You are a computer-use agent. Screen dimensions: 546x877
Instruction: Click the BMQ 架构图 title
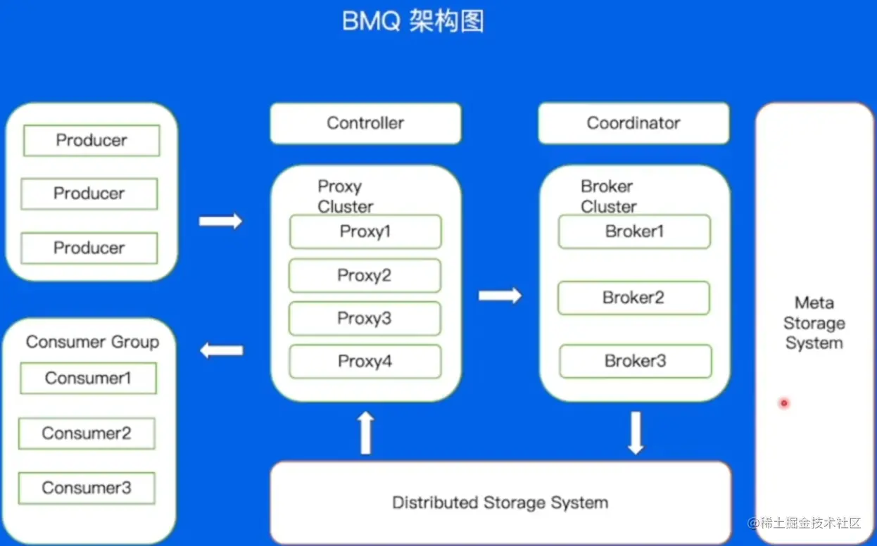pos(413,22)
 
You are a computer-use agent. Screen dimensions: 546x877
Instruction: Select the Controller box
pos(365,123)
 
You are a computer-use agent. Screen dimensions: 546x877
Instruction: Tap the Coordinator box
pos(633,123)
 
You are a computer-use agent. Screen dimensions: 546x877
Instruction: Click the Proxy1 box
pos(365,231)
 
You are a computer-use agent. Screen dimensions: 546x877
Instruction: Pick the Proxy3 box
pos(365,318)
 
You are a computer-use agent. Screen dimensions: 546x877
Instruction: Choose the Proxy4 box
pos(365,362)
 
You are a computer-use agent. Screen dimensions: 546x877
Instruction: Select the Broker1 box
pos(634,231)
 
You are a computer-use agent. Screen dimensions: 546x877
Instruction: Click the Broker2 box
pos(633,298)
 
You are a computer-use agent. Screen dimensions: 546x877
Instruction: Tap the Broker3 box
pos(635,361)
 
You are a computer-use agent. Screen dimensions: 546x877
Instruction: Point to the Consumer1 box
pos(88,379)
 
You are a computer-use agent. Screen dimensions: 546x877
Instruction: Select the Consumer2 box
pos(87,433)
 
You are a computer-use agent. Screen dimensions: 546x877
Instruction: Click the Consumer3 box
pos(87,488)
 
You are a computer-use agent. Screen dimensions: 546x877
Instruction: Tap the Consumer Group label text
pos(92,342)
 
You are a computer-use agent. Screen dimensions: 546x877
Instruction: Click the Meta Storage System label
pos(814,323)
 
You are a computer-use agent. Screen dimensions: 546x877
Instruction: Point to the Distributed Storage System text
pos(500,503)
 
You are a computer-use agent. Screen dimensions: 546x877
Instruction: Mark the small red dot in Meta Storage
pos(783,403)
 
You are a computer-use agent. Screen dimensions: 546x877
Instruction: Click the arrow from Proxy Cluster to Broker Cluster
pos(500,296)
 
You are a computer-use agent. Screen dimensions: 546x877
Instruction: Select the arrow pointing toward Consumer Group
pos(222,350)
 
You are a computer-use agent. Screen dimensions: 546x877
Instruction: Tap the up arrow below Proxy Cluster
pos(365,433)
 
